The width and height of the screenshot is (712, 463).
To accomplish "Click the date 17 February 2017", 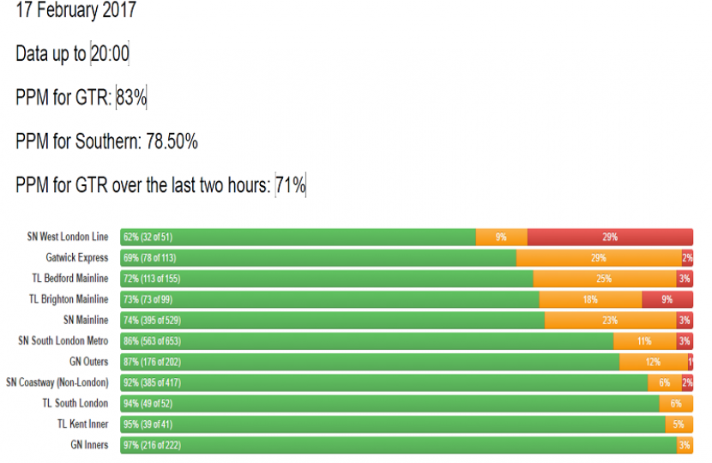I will click(x=75, y=12).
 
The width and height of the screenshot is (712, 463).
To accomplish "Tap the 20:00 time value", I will click(x=110, y=54).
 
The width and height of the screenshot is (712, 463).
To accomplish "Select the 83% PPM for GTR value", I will click(x=131, y=98).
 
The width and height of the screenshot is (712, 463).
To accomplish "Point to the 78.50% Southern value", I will click(x=170, y=141).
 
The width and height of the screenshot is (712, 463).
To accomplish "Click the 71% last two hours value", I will click(x=291, y=185).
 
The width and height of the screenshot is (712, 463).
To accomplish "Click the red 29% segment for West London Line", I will click(x=610, y=237).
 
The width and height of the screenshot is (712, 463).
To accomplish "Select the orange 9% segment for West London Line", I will click(x=501, y=237).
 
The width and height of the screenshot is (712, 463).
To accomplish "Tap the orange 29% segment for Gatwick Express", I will click(x=599, y=257).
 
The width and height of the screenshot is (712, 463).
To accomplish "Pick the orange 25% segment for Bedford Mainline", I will click(x=604, y=279).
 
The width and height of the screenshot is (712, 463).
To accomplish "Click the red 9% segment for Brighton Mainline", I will click(x=667, y=299).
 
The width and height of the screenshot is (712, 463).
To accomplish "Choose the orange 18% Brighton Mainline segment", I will click(x=590, y=299).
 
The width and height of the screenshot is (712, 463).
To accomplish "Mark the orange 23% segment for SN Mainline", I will click(x=610, y=320).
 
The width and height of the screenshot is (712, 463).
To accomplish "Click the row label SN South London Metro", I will click(x=63, y=341).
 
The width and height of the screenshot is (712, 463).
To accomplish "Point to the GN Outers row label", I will click(x=89, y=362).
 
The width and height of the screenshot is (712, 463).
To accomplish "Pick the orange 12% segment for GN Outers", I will click(x=654, y=362).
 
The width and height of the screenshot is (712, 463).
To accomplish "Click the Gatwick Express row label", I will click(x=77, y=257).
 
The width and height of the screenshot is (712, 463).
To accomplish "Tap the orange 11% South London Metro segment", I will click(x=645, y=341).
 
